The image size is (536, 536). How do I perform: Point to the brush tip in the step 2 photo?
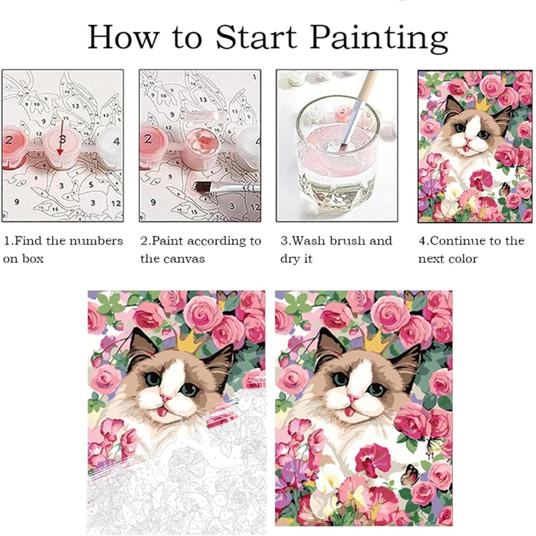click(201, 187)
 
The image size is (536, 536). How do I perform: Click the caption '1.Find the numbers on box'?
click(63, 249)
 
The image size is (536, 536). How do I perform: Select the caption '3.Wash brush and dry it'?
click(336, 249)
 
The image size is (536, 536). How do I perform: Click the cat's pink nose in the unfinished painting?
click(164, 398)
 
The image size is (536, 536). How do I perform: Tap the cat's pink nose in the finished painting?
click(352, 398)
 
